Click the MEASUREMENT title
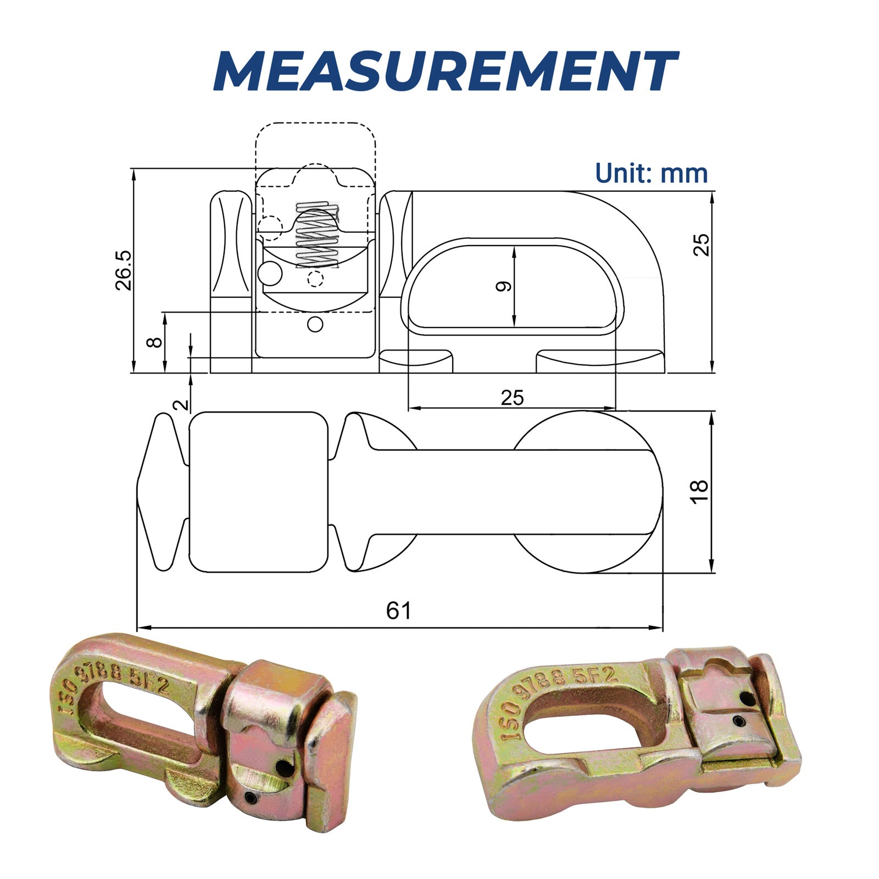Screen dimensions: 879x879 445,71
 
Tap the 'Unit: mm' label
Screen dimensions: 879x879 652,174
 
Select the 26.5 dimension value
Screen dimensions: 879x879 124,270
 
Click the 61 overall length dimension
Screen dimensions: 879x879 399,610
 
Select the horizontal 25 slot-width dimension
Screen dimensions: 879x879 512,397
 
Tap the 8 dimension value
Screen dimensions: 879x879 155,342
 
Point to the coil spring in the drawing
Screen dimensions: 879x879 318,235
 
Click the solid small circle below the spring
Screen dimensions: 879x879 315,324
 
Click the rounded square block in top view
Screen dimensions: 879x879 258,492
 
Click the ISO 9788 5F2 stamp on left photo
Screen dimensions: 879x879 118,690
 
